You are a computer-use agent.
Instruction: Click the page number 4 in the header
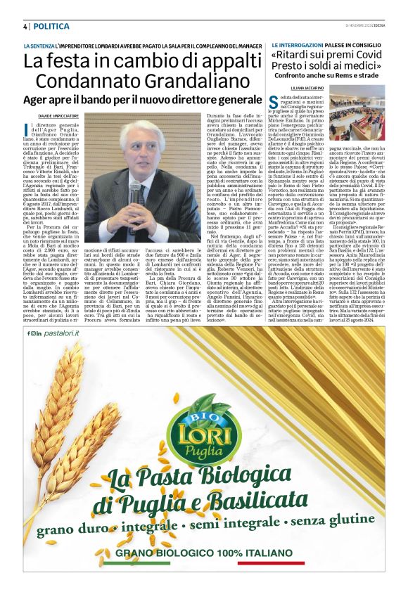point(25,26)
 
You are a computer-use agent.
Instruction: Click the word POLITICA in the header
point(51,26)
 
